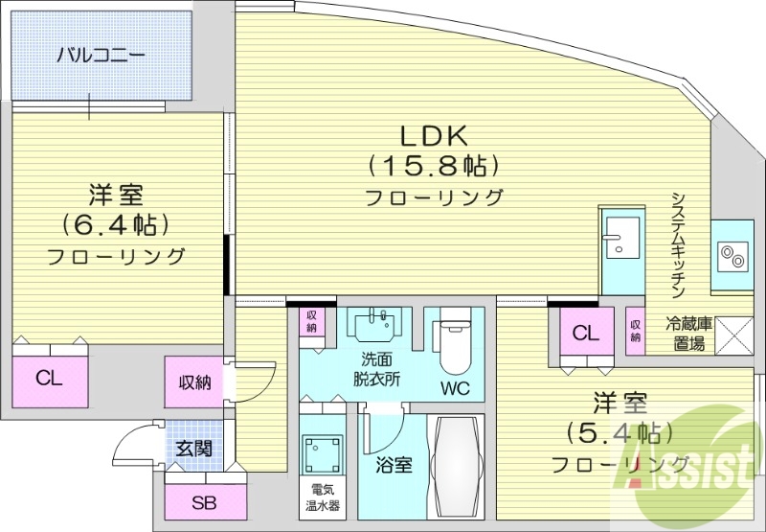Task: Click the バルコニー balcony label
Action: coord(100,55)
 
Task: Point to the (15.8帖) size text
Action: coord(434,167)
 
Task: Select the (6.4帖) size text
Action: coord(115,226)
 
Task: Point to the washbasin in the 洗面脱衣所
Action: coord(373,325)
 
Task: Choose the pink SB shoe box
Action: coord(203,502)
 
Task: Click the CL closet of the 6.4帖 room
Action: coord(50,378)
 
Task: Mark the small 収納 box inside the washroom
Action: coord(312,322)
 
